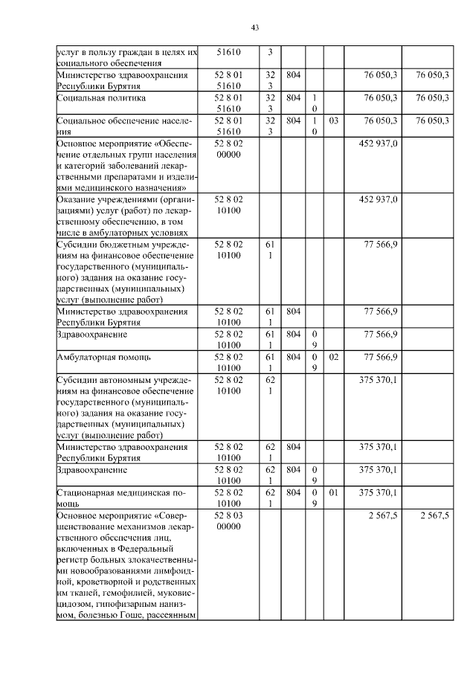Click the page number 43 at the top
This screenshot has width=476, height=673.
pos(254,28)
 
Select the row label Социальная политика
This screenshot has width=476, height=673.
pos(94,98)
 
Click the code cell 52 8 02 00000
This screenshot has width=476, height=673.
pos(228,149)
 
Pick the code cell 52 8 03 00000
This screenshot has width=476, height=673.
pos(228,521)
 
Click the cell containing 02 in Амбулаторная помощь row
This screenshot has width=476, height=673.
pos(333,357)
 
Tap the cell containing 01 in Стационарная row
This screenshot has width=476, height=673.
pos(333,492)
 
